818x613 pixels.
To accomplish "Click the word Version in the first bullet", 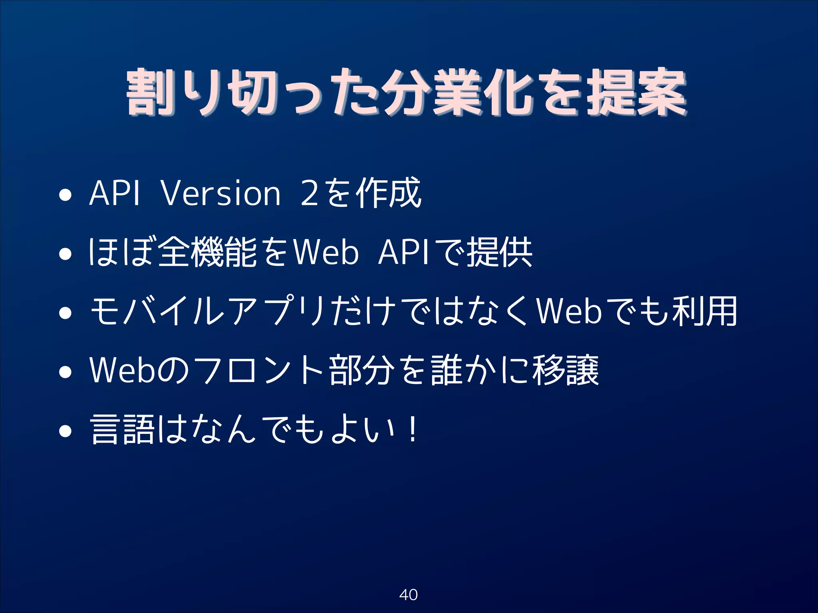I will coord(220,194).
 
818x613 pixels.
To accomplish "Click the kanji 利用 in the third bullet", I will coord(705,312).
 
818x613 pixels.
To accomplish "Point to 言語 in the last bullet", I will coord(122,430).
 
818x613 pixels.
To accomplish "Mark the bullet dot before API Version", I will coord(65,196).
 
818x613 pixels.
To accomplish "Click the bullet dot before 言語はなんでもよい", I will coord(65,431).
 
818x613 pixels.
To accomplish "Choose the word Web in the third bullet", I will coord(569,312).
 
